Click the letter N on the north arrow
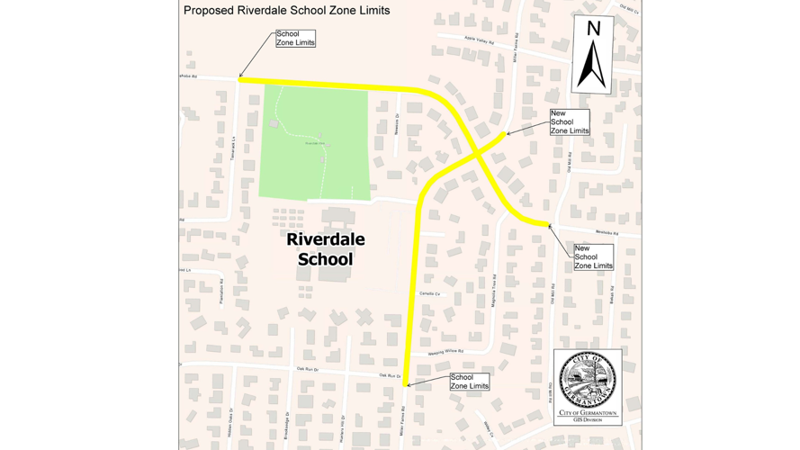pyautogui.click(x=593, y=30)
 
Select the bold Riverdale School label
pyautogui.click(x=325, y=249)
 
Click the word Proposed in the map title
pyautogui.click(x=208, y=11)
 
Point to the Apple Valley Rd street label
pyautogui.click(x=479, y=41)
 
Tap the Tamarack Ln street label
pyautogui.click(x=232, y=148)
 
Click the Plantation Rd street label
pyautogui.click(x=221, y=290)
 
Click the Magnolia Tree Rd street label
pyautogui.click(x=494, y=293)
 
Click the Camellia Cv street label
pyautogui.click(x=428, y=293)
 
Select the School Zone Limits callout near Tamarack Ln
pyautogui.click(x=295, y=39)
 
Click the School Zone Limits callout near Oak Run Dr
pyautogui.click(x=469, y=382)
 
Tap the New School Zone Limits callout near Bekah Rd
pyautogui.click(x=593, y=257)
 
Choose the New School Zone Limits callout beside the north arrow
pyautogui.click(x=569, y=122)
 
